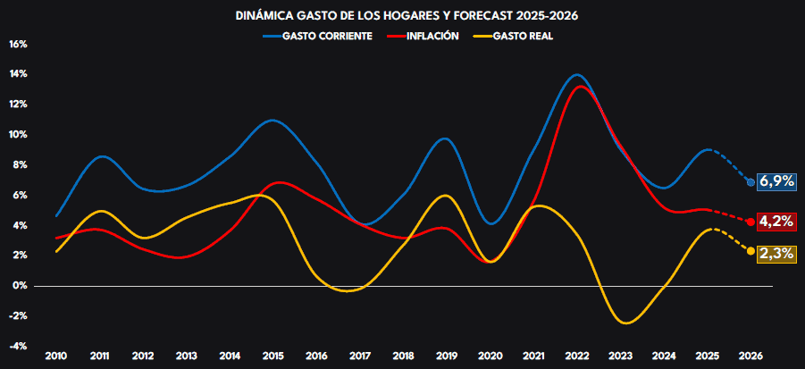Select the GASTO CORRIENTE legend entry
click(318, 36)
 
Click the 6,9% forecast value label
click(776, 181)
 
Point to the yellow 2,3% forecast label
click(776, 253)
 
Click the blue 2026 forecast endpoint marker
click(750, 181)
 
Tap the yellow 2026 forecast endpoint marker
click(750, 251)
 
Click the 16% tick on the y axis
click(19, 44)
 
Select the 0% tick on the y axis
click(21, 286)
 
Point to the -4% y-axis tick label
click(19, 347)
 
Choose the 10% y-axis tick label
click(19, 135)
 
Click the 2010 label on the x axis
click(56, 356)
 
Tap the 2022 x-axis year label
click(577, 356)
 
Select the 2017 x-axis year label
click(360, 356)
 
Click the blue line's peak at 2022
click(577, 75)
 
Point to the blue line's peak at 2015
click(273, 120)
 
